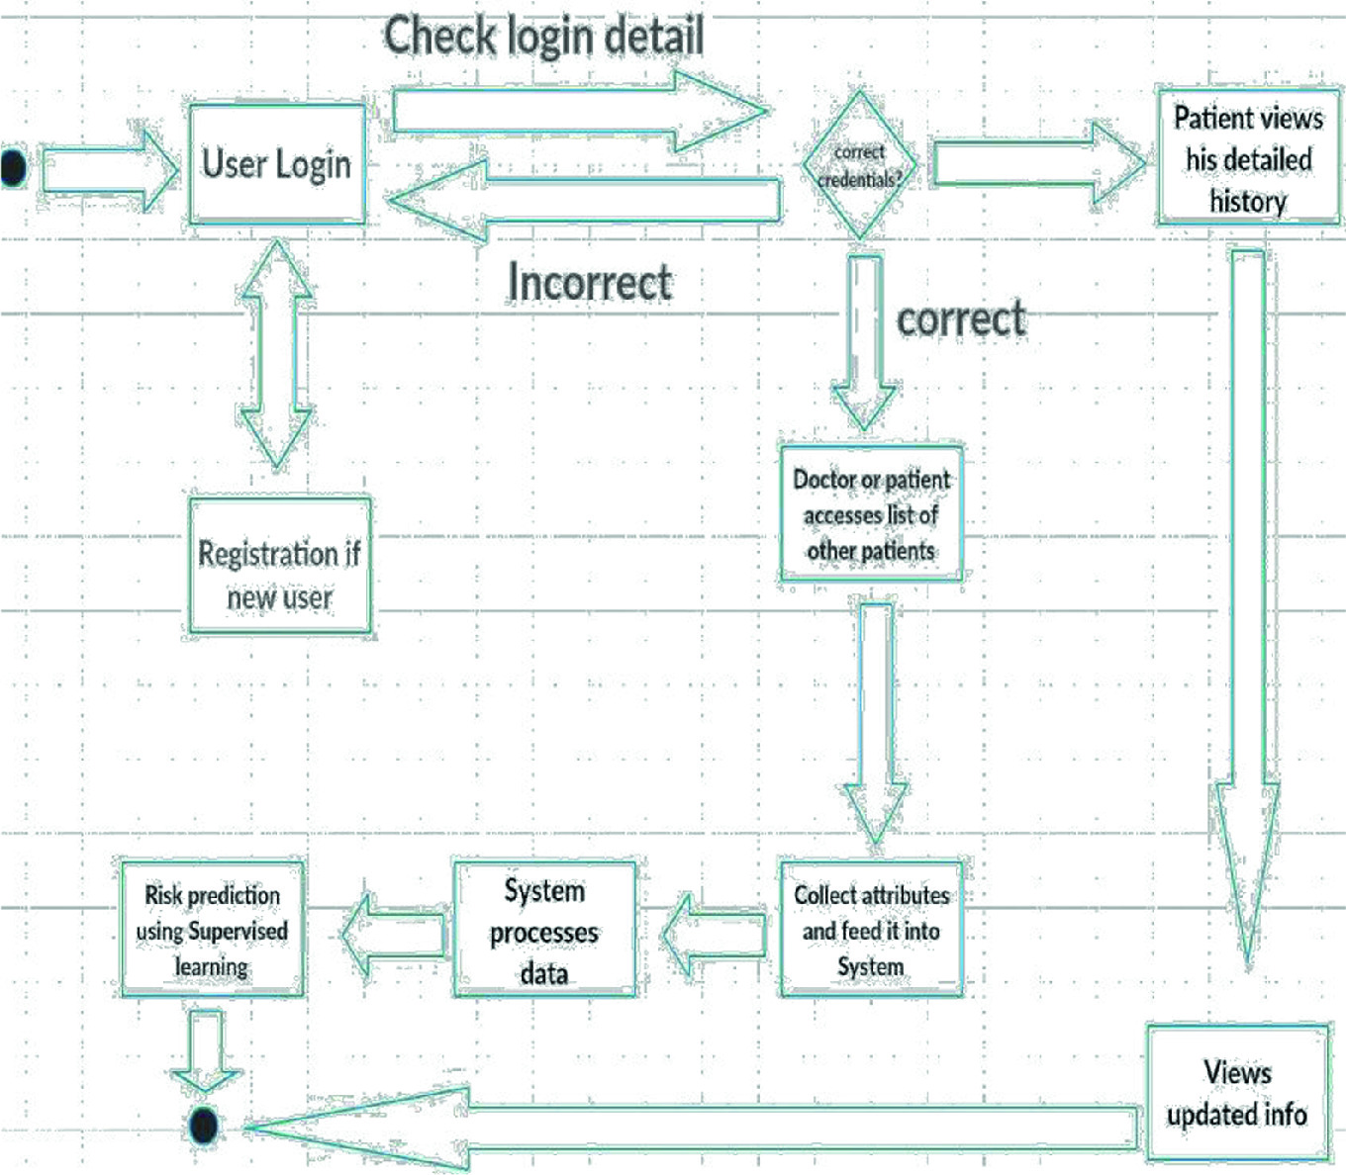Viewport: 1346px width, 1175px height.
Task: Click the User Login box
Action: point(277,164)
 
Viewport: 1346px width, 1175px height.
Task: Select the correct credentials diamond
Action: point(859,165)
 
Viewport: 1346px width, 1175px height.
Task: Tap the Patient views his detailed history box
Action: point(1247,159)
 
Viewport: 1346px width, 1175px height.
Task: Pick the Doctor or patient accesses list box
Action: point(871,514)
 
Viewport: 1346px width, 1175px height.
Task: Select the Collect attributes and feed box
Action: point(871,930)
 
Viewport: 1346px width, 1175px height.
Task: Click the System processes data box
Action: point(544,930)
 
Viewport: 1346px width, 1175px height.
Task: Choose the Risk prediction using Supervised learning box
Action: point(212,930)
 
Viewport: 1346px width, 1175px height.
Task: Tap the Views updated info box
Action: point(1237,1093)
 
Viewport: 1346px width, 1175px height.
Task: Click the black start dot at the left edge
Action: point(13,167)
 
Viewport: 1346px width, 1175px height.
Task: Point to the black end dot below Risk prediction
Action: point(204,1126)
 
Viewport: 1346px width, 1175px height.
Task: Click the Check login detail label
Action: point(543,37)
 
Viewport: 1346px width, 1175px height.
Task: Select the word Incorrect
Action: point(590,282)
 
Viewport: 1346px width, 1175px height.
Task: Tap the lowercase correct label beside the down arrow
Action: point(960,318)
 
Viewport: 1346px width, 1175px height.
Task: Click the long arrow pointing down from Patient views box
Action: point(1247,593)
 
